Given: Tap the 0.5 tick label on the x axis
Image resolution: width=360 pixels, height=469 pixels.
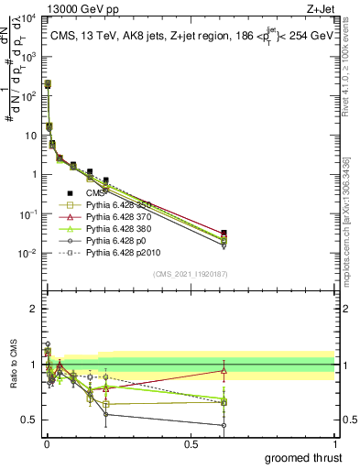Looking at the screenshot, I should [x=191, y=443].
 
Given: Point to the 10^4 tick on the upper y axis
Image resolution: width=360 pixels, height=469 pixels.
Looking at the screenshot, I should [x=29, y=17].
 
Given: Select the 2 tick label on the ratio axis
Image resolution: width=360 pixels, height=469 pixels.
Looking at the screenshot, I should [x=33, y=309].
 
